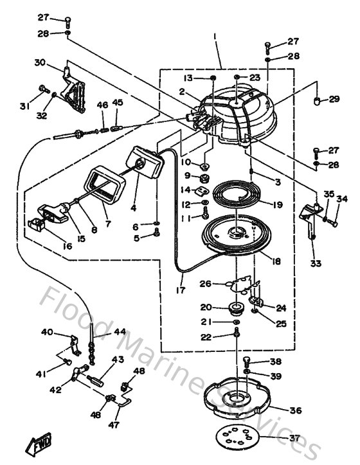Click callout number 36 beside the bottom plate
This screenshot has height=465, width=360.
click(295, 410)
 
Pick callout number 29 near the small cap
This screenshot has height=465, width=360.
click(334, 99)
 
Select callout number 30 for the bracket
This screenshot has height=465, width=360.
click(40, 63)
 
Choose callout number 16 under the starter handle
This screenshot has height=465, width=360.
click(48, 245)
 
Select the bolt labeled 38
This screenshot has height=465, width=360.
click(248, 361)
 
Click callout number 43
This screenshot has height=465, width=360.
click(118, 360)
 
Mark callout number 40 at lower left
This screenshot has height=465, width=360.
click(47, 332)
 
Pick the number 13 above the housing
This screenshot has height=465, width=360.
click(187, 78)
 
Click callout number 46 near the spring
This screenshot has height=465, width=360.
click(102, 104)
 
